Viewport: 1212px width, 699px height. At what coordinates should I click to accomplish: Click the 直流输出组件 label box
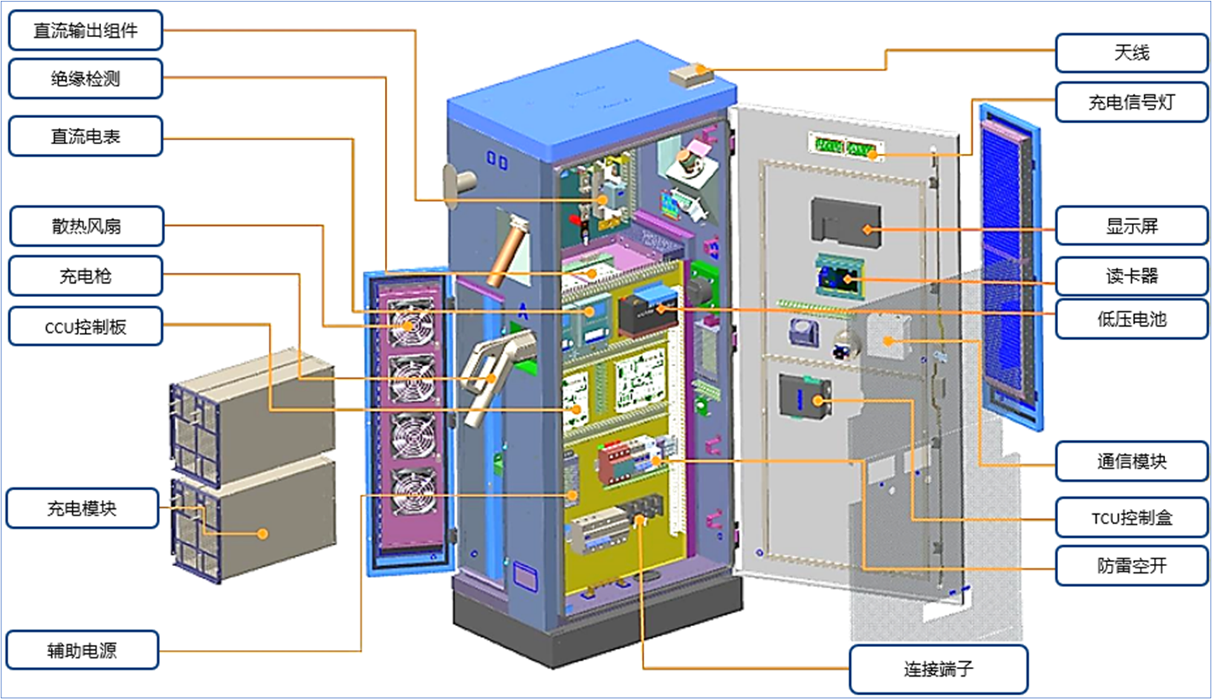pos(85,30)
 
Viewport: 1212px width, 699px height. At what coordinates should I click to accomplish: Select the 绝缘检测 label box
pos(85,79)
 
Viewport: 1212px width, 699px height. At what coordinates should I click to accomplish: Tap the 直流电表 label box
pos(85,136)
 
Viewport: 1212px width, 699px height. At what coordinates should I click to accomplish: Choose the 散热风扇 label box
pos(86,226)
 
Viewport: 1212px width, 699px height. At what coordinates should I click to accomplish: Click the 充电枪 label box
pos(85,276)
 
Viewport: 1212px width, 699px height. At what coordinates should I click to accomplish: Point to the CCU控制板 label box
pos(85,326)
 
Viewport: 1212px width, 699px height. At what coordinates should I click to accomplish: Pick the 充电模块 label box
pos(82,508)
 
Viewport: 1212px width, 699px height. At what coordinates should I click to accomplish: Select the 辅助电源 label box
pos(82,650)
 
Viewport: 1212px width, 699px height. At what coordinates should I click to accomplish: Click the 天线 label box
pos(1131,53)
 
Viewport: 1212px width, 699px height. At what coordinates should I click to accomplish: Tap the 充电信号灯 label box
pos(1131,103)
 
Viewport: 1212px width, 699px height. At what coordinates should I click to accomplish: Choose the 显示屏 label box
pos(1131,226)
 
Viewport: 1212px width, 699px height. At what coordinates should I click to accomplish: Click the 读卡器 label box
pos(1131,276)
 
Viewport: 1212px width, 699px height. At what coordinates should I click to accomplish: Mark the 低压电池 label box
pos(1131,319)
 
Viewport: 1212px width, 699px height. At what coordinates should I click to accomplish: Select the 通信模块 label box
pos(1131,461)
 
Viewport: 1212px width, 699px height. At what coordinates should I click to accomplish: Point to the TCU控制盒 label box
pos(1131,518)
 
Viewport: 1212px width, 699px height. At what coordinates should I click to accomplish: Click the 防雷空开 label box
pos(1131,566)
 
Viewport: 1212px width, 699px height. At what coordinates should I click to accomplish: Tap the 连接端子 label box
pos(939,669)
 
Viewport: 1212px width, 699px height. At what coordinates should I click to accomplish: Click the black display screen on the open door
pos(846,221)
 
